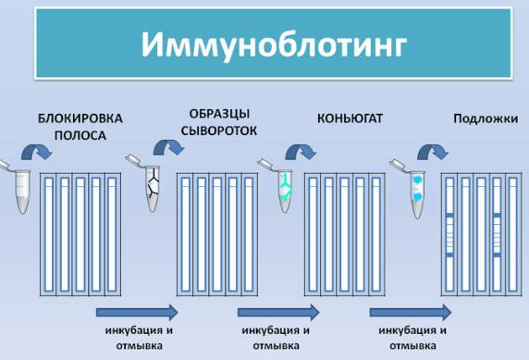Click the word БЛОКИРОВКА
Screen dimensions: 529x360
point(80,118)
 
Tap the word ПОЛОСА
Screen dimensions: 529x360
point(80,135)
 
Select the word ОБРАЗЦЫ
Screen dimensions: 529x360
point(219,114)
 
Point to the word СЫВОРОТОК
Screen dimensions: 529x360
point(219,130)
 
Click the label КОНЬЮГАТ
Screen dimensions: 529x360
point(350,118)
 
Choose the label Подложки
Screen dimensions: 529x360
point(486,118)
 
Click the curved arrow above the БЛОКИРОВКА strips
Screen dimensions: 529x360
point(36,151)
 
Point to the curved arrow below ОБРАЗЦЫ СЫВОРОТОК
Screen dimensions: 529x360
point(168,148)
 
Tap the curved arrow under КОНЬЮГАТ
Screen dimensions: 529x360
point(301,152)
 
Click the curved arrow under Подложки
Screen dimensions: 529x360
point(433,152)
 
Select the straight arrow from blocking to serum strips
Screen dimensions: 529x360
point(137,313)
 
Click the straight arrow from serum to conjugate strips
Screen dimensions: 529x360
point(278,313)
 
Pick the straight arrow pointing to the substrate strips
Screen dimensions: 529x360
point(411,313)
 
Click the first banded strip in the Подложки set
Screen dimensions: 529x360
point(449,234)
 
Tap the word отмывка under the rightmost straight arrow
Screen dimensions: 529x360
point(412,346)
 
